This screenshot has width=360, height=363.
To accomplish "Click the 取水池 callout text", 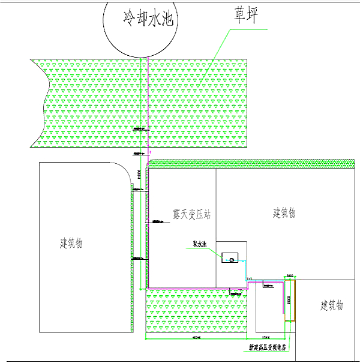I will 199,244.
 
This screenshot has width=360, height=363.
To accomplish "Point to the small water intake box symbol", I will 229,258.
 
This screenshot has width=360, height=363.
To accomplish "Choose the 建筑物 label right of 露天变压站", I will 284,213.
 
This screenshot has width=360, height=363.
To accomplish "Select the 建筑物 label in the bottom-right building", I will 331,306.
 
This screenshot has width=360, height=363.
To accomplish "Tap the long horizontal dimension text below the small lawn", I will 196,338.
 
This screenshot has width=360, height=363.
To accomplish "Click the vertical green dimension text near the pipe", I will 139,174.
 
